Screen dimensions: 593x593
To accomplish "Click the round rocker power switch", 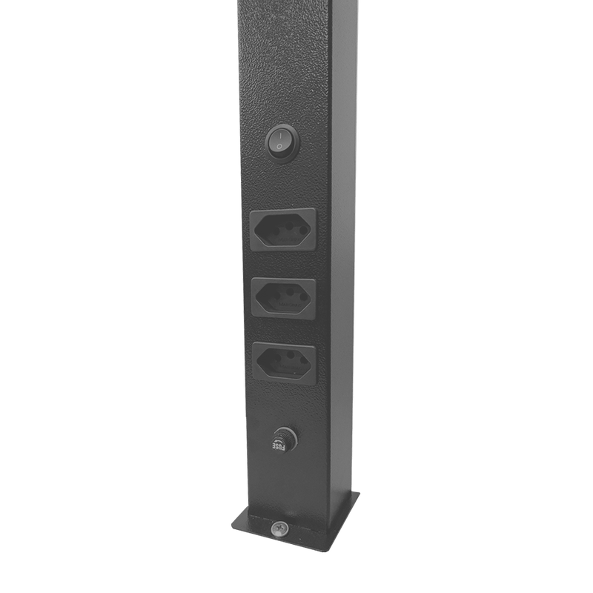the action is (x=282, y=143).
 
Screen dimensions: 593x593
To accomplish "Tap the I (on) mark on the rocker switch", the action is (x=281, y=135).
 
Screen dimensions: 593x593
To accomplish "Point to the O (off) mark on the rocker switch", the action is (x=279, y=146).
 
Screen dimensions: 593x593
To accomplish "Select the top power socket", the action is (x=283, y=229).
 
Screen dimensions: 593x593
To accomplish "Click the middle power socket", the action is (x=283, y=298).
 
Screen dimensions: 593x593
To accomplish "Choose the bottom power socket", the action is (x=284, y=362).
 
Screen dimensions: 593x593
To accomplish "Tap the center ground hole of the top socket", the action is (x=290, y=227).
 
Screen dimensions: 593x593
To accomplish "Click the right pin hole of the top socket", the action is (x=303, y=231).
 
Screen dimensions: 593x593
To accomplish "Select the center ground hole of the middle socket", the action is (x=290, y=292).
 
